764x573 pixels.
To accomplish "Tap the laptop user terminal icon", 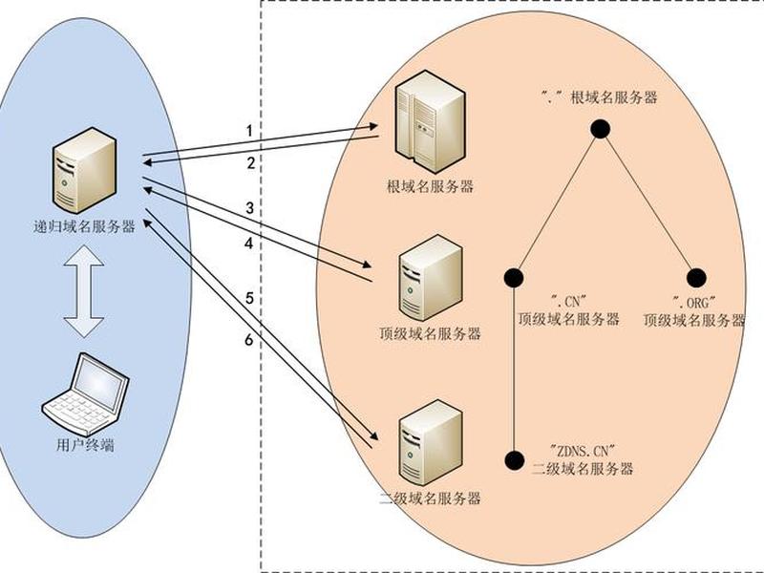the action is click(85, 393).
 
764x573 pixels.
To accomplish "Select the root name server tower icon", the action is click(430, 121).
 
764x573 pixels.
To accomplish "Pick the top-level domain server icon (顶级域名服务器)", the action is click(431, 278).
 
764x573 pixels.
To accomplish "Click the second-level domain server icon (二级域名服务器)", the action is click(431, 442).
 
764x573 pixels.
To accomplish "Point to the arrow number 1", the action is click(249, 131).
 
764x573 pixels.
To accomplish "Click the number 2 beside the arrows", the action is click(251, 163).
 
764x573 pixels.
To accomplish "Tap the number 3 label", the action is click(250, 208).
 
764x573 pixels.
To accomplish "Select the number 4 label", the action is click(249, 244).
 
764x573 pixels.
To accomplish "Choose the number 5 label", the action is click(249, 298).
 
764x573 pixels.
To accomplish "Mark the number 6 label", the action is click(249, 340).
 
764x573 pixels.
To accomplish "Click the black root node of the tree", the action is click(601, 129).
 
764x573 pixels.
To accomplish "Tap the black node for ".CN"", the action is click(514, 278).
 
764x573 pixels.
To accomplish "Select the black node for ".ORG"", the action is click(696, 278).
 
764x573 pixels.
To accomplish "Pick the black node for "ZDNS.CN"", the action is click(514, 460).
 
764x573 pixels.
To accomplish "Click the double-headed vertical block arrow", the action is click(84, 291).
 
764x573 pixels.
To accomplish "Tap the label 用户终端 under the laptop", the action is click(85, 445).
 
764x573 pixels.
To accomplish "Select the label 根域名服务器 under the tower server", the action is click(431, 186).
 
